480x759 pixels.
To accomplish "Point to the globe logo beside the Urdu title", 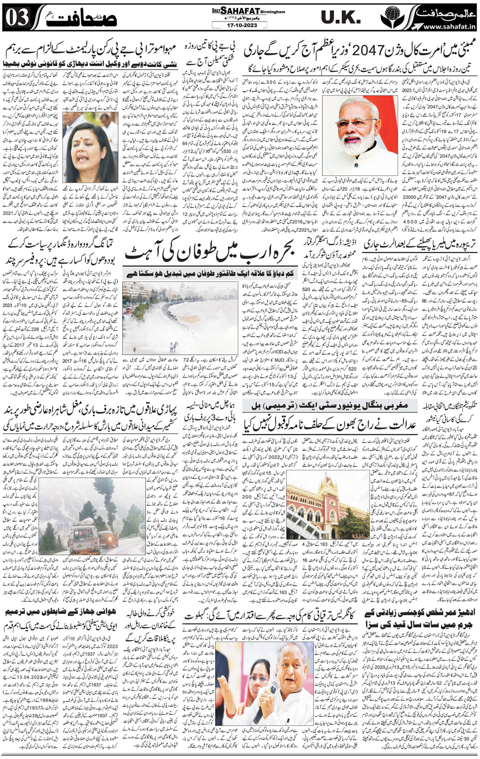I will pos(388,18).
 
